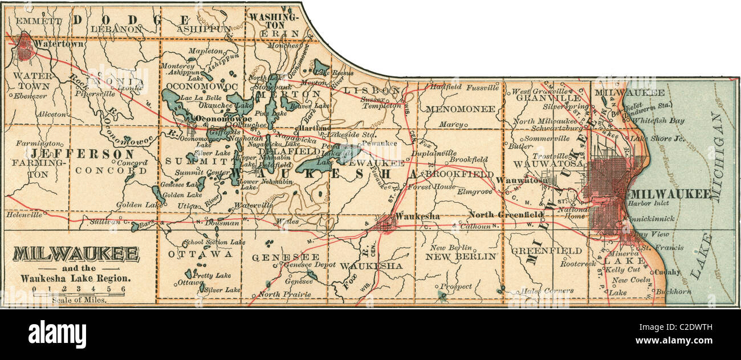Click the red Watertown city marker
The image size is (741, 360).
click(x=25, y=47)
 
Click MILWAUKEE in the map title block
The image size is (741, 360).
click(x=76, y=254)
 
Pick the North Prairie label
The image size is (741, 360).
click(x=285, y=294)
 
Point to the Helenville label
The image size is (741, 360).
click(x=24, y=215)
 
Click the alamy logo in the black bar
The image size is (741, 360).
click(x=57, y=334)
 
